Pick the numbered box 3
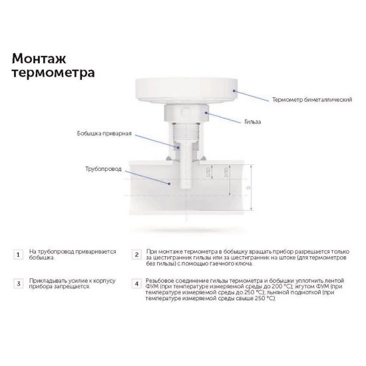(18, 283)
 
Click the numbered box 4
(136, 283)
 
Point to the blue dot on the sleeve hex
(208, 113)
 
